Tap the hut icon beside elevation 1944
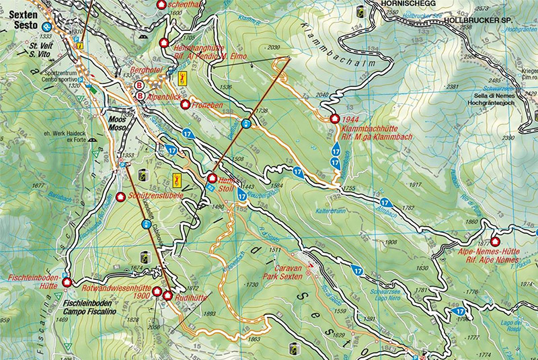pos(334,119)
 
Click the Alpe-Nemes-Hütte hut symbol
pos(496,242)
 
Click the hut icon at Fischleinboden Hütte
pos(66,282)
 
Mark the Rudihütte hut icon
pos(167,295)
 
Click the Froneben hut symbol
pos(185,105)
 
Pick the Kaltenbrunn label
pos(331,211)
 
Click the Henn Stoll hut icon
pos(212,178)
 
